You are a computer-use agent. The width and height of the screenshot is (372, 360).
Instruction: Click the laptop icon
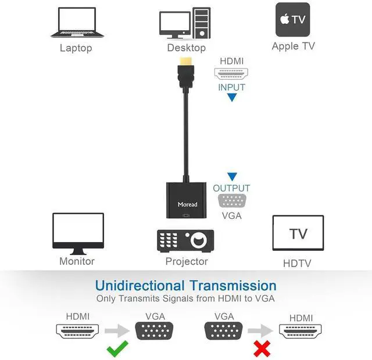click(76, 23)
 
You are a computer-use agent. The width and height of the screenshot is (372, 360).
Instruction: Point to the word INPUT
click(231, 88)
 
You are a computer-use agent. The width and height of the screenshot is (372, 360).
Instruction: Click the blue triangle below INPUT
click(232, 98)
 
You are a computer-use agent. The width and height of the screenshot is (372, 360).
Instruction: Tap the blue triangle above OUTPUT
click(232, 177)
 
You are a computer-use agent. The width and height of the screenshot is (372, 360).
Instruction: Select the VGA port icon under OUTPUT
click(231, 201)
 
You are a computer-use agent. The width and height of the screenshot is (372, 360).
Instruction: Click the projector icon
click(185, 240)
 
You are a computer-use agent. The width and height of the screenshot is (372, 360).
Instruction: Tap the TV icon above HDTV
click(298, 233)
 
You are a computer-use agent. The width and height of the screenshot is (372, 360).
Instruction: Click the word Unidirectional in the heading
click(139, 286)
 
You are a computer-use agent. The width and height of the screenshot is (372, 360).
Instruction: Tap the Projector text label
click(187, 261)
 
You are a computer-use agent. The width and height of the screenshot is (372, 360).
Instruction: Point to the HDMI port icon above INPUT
click(231, 74)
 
